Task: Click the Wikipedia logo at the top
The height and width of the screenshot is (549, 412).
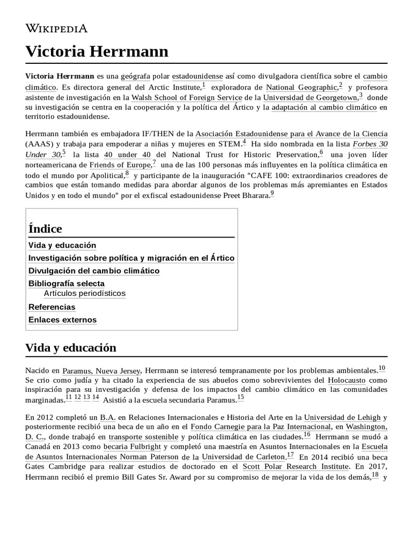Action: click(x=56, y=28)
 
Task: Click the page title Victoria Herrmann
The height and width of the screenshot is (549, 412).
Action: click(x=97, y=52)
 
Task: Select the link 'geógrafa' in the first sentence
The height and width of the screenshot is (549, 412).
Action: click(x=135, y=76)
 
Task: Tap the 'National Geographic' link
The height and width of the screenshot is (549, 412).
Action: click(x=301, y=87)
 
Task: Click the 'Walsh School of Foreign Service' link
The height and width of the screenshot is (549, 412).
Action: click(x=187, y=98)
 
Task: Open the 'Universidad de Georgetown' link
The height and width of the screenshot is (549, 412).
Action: click(x=310, y=98)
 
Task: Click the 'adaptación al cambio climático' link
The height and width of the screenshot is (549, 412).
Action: click(x=324, y=107)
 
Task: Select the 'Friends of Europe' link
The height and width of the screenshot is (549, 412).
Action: click(x=120, y=165)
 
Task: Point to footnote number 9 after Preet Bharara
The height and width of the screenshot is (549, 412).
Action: click(x=272, y=194)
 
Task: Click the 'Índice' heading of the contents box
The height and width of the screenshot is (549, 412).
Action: click(x=46, y=229)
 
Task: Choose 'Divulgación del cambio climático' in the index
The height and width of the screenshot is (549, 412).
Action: click(x=94, y=271)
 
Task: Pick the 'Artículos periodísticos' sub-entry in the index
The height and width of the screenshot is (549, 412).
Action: click(x=85, y=293)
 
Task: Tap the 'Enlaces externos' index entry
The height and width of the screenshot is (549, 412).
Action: click(x=62, y=320)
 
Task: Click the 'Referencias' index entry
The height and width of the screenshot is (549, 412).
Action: click(x=51, y=307)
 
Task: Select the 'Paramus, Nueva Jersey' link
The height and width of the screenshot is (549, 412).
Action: click(x=101, y=370)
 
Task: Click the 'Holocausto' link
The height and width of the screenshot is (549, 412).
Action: click(x=347, y=380)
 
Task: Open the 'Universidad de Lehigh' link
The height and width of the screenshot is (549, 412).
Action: click(x=342, y=418)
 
